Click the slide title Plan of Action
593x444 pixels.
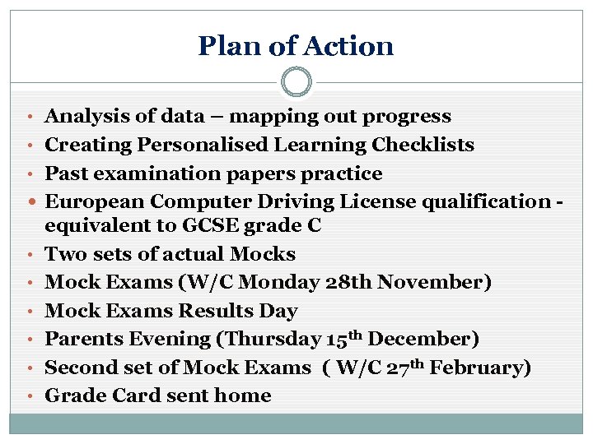point(296,45)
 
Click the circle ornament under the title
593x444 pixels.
point(296,82)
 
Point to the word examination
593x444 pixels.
point(141,174)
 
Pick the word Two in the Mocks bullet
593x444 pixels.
point(63,254)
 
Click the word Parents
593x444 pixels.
point(82,339)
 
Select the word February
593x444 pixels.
point(479,368)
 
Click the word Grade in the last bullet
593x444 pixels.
point(70,395)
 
